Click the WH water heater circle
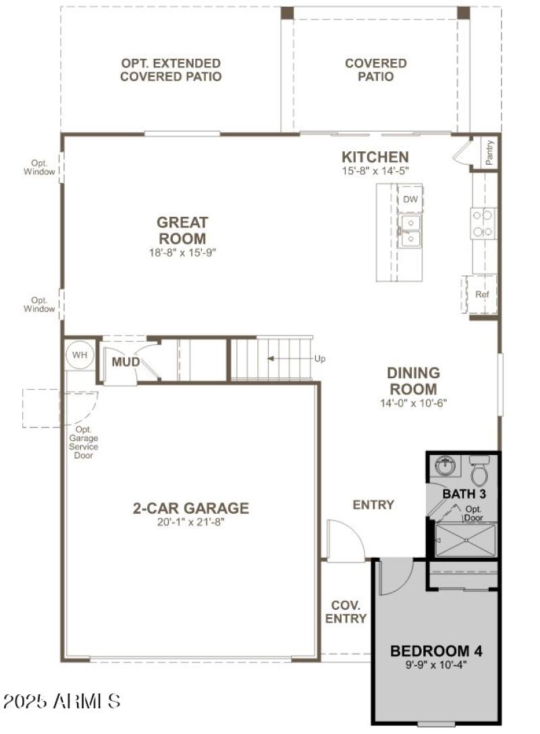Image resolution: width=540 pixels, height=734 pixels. [80, 355]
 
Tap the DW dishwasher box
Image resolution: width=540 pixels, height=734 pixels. [410, 200]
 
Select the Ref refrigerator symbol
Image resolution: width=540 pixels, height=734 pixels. [481, 294]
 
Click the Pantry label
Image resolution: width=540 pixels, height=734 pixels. [489, 153]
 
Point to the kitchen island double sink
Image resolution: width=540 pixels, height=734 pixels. [410, 231]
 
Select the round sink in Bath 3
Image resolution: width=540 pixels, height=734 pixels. [445, 466]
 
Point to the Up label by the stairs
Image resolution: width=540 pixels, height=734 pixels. [319, 359]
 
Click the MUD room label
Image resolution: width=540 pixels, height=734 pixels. [126, 363]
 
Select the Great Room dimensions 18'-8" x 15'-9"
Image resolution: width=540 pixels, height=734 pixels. [182, 252]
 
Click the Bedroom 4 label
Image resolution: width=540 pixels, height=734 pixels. [436, 651]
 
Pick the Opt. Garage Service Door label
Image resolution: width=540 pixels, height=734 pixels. [84, 442]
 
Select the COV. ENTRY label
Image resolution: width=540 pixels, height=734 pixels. [346, 612]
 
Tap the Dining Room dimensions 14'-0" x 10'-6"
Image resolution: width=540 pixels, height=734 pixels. [413, 403]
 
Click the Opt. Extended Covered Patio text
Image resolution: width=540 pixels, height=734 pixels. [171, 70]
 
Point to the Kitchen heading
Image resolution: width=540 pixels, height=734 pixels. [375, 157]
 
